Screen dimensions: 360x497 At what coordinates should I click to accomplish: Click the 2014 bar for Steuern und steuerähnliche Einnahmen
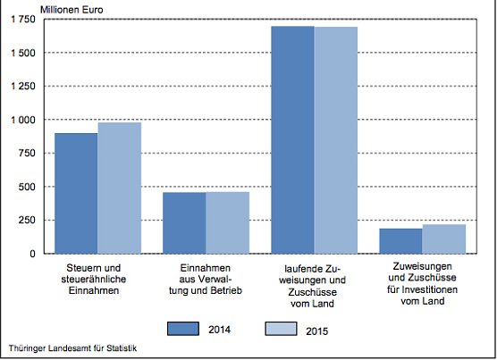click(x=76, y=193)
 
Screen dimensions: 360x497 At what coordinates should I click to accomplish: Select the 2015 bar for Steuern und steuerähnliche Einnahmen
click(x=119, y=188)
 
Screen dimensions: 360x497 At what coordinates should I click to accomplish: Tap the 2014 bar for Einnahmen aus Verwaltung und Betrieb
click(x=184, y=222)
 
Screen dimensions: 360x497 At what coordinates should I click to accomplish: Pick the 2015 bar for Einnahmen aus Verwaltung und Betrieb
click(x=227, y=222)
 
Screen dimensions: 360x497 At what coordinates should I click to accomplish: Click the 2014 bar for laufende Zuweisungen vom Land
click(x=292, y=139)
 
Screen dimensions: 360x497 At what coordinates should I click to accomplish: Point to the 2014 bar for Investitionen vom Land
click(x=400, y=240)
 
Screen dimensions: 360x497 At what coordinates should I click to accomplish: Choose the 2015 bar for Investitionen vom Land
click(x=443, y=239)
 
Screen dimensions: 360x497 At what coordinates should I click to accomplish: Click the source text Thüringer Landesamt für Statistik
click(x=72, y=347)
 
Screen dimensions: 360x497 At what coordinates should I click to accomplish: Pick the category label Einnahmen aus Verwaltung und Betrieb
click(x=206, y=280)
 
